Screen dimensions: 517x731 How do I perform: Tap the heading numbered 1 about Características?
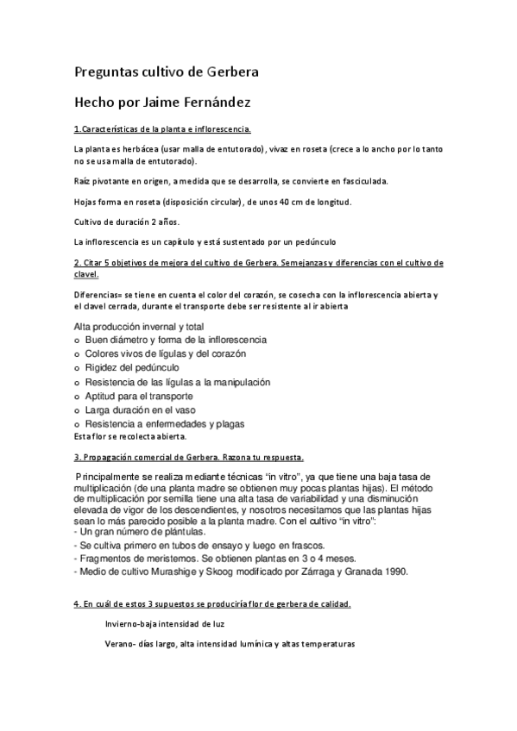coord(162,129)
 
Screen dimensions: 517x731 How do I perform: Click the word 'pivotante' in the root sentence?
coord(108,181)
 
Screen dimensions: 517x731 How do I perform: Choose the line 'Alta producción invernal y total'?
coord(140,328)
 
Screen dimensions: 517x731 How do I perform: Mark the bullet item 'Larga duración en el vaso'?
coord(139,409)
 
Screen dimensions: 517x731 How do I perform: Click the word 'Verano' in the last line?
coord(120,643)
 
